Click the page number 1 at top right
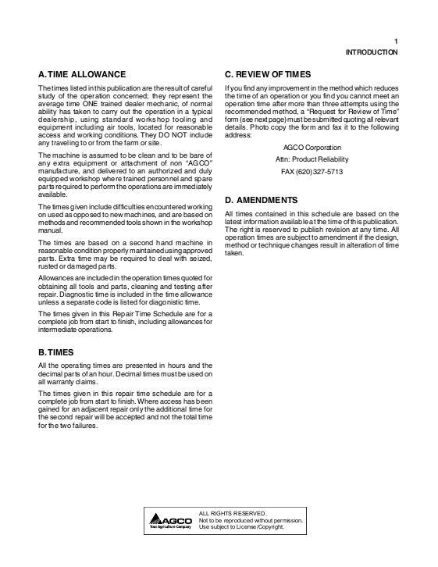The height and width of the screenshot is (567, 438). click(x=396, y=41)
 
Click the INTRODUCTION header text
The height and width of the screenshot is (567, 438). click(x=372, y=52)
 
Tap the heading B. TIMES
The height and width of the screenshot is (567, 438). click(x=59, y=351)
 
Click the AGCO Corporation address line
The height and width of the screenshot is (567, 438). click(x=311, y=146)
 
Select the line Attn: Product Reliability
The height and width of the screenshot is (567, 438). click(x=311, y=159)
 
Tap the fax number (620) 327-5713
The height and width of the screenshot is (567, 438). click(x=311, y=171)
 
